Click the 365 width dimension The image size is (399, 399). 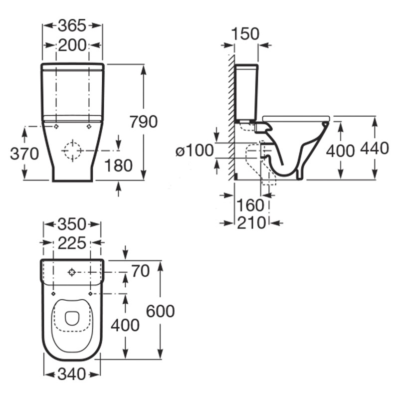click(x=72, y=24)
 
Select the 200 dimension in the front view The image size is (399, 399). click(x=72, y=45)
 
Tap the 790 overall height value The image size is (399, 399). click(x=143, y=121)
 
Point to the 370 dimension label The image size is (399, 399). click(x=24, y=154)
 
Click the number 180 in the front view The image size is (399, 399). click(x=119, y=166)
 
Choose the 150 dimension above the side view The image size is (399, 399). click(x=245, y=34)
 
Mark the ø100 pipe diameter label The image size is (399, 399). click(x=195, y=150)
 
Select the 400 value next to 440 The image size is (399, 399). click(x=340, y=150)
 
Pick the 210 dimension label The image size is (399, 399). click(x=251, y=223)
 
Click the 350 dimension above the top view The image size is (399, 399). click(x=72, y=224)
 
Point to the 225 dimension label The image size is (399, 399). click(x=72, y=243)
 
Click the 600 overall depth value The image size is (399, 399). click(x=160, y=311)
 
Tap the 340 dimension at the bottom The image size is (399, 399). click(x=72, y=374)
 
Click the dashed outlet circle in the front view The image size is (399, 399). click(x=72, y=150)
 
